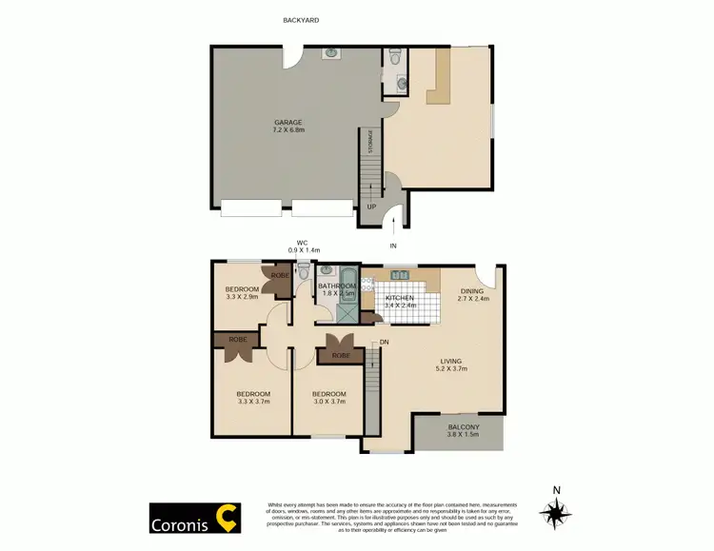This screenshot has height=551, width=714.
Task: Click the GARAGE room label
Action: click(288, 123)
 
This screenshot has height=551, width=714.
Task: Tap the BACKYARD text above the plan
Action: click(301, 20)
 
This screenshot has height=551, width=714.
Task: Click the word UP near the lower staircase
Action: click(370, 207)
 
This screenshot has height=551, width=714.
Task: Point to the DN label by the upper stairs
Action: click(384, 342)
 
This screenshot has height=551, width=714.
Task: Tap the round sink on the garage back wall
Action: click(328, 53)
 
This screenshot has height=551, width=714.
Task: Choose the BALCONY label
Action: click(464, 427)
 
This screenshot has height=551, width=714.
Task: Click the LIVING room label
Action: click(451, 361)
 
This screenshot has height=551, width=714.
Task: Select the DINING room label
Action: click(471, 291)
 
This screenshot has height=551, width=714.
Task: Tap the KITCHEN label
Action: click(399, 298)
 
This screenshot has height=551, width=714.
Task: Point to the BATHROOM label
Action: click(337, 286)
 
